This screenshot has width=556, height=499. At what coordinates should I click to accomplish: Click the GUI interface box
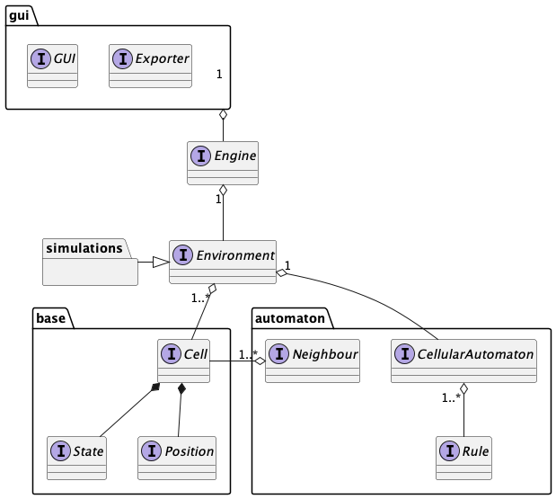(x=53, y=65)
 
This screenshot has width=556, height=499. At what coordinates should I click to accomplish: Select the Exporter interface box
(x=150, y=65)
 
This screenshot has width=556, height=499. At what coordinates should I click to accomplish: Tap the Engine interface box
(x=223, y=163)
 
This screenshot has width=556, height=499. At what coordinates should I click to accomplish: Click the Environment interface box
(x=223, y=262)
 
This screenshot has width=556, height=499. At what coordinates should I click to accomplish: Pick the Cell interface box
(x=183, y=361)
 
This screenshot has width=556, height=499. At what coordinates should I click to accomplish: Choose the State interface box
(x=76, y=458)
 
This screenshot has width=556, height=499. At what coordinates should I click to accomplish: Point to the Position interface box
(x=178, y=458)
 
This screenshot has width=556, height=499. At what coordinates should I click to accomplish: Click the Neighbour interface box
(x=313, y=361)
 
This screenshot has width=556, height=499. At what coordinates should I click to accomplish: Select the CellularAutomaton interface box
(x=464, y=361)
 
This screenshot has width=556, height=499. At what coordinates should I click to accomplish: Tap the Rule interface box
(x=464, y=458)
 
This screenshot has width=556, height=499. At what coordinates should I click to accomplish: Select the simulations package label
(x=84, y=247)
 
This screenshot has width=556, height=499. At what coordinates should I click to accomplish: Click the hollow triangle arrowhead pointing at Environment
(x=160, y=262)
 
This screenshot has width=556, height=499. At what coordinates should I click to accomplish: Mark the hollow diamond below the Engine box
(x=223, y=192)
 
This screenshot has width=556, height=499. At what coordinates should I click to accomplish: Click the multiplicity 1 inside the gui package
(x=219, y=74)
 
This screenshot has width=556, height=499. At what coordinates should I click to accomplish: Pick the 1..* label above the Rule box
(x=450, y=397)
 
